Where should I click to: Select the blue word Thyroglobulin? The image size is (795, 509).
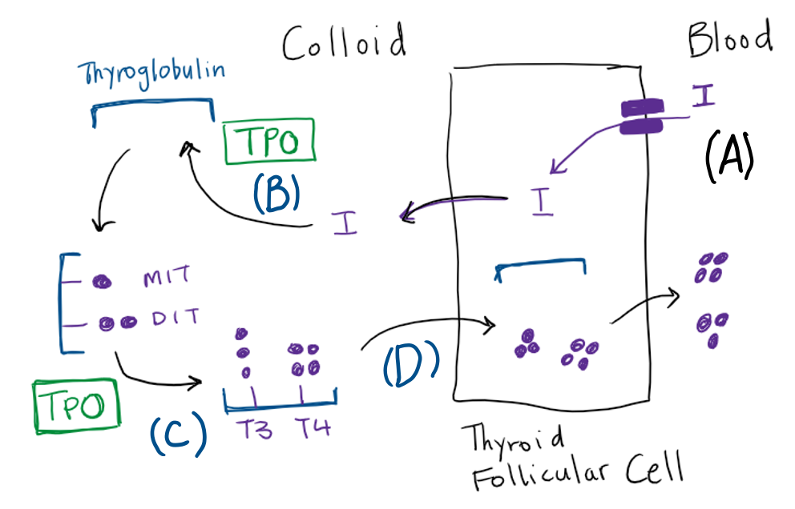(151, 74)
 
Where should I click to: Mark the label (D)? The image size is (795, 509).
(411, 363)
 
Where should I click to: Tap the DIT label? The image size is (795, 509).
(172, 321)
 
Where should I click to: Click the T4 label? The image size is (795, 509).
(309, 431)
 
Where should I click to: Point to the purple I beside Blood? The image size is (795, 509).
(704, 96)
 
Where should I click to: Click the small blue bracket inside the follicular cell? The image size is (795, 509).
(541, 269)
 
